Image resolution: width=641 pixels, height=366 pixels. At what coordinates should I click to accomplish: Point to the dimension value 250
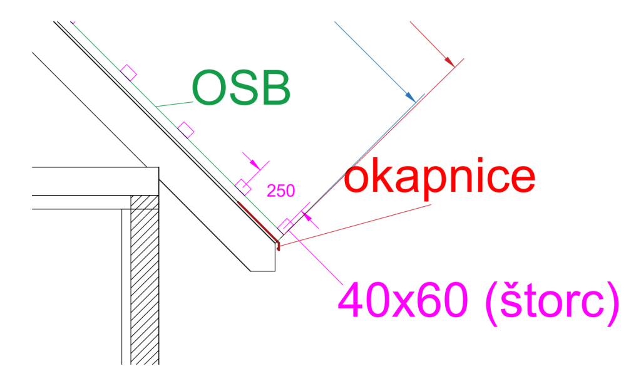pos(281,191)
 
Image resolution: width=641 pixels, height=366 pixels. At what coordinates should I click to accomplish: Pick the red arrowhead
pos(449,61)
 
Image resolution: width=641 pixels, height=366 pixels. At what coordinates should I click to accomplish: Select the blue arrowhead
pos(411,97)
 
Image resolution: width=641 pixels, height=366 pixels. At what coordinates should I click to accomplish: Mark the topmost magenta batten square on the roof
pos(129,72)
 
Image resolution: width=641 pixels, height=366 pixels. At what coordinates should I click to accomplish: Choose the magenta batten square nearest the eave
pos(286,224)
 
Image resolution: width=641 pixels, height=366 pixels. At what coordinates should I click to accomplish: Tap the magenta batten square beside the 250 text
pos(243,186)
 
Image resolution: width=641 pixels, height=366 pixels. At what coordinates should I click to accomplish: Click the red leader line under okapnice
pos(357,223)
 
